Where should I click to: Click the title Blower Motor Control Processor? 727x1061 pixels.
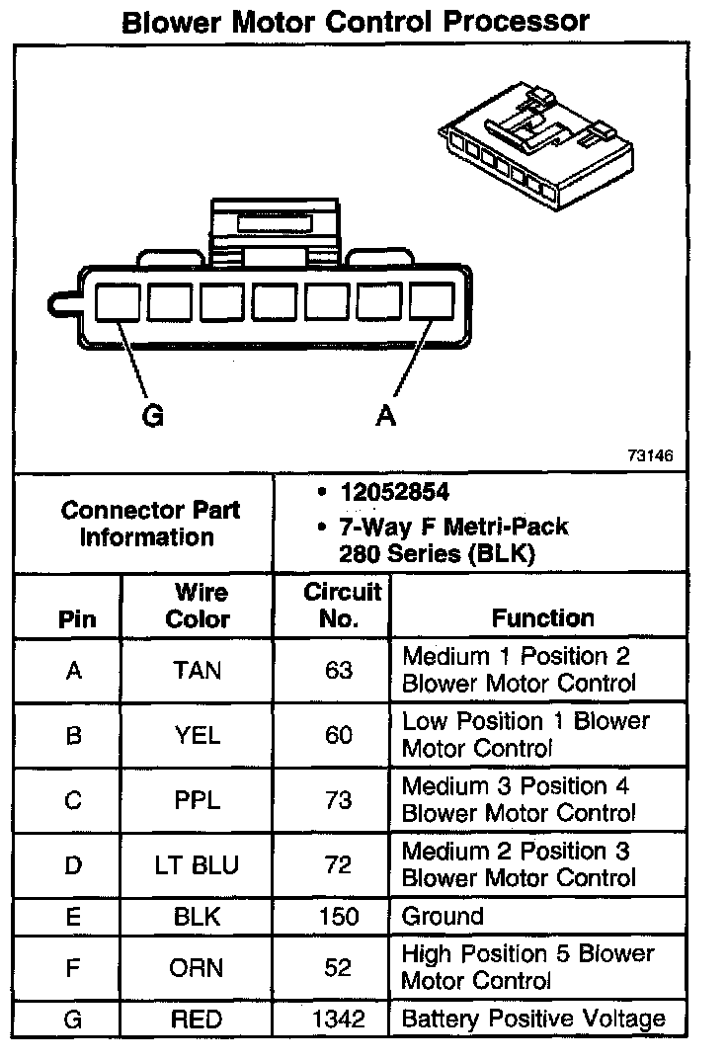pos(355,21)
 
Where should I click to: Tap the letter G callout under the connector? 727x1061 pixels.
pos(152,417)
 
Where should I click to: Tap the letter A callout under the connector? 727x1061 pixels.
pos(386,417)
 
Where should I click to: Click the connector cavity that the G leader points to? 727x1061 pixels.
pos(119,300)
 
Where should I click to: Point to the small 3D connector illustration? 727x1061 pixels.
pos(538,148)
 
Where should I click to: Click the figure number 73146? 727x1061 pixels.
pos(649,456)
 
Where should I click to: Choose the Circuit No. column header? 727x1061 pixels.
pos(340,606)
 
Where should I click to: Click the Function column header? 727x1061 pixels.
pos(542,618)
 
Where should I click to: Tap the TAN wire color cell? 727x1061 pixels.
pos(198,671)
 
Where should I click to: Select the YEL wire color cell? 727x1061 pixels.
pos(198,736)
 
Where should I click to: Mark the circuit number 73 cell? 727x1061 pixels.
pos(339,800)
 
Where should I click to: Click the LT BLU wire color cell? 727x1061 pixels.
pos(198,865)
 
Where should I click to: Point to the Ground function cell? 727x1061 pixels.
pos(443,916)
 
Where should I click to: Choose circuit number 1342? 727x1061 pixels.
pos(339,1019)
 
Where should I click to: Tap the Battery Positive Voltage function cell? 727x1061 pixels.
pos(533,1019)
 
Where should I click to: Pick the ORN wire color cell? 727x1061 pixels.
pos(198,967)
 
